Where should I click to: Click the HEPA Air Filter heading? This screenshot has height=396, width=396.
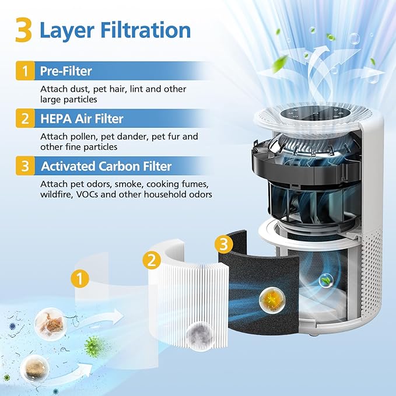(82, 119)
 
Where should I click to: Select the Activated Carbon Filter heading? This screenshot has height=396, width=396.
(106, 166)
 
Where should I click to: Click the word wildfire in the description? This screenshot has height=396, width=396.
(58, 194)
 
